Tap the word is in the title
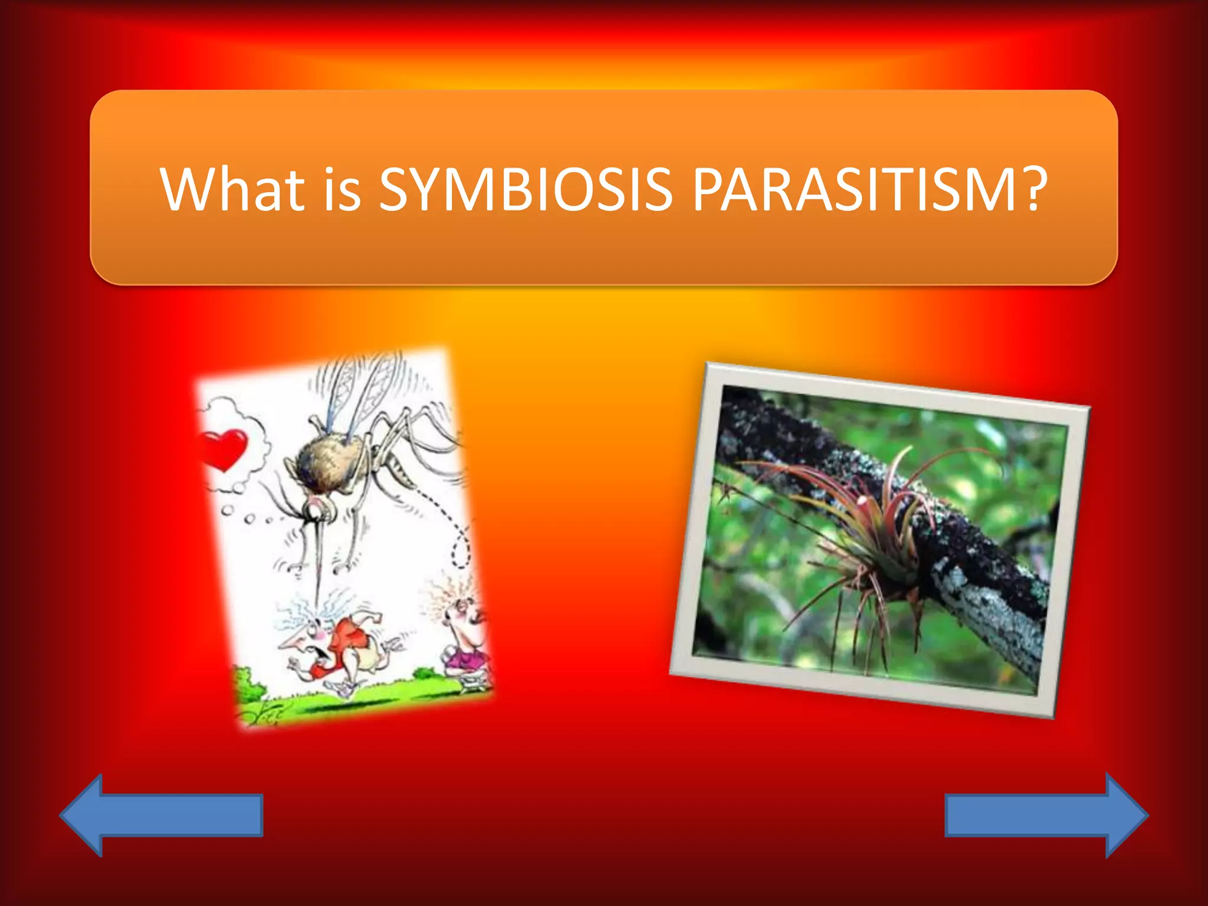[x=341, y=190]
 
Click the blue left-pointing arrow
[x=160, y=815]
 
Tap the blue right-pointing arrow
[x=1047, y=815]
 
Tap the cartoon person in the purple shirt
[x=463, y=637]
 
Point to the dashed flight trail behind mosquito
[x=454, y=531]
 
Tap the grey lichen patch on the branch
[x=991, y=613]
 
